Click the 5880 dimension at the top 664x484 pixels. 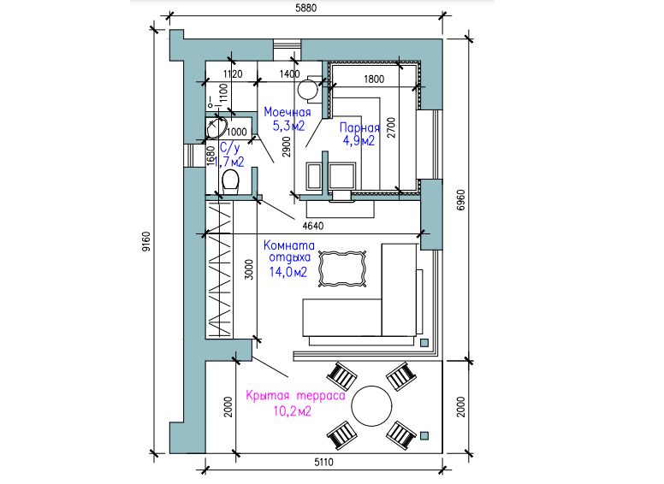click(x=305, y=8)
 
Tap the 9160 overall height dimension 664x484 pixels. click(x=146, y=242)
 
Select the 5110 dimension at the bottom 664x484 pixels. click(x=323, y=462)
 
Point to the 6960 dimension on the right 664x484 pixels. click(x=461, y=200)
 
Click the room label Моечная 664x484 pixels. click(x=288, y=112)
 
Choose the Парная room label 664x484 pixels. click(x=359, y=127)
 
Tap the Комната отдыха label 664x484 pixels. click(x=289, y=251)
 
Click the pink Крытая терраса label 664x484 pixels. click(x=295, y=396)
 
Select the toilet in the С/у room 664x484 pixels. click(x=230, y=182)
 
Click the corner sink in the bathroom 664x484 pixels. click(x=216, y=128)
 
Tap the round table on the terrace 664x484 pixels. click(x=372, y=406)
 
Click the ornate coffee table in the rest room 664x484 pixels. click(x=342, y=269)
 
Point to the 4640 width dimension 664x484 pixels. click(x=313, y=226)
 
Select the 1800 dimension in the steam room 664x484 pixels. click(x=374, y=80)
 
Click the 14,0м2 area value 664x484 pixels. click(x=288, y=272)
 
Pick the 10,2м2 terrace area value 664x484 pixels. click(x=292, y=410)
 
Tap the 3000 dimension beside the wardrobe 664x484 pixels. click(x=249, y=269)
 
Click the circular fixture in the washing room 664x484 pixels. click(x=307, y=89)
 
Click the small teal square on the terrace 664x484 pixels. click(x=424, y=435)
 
